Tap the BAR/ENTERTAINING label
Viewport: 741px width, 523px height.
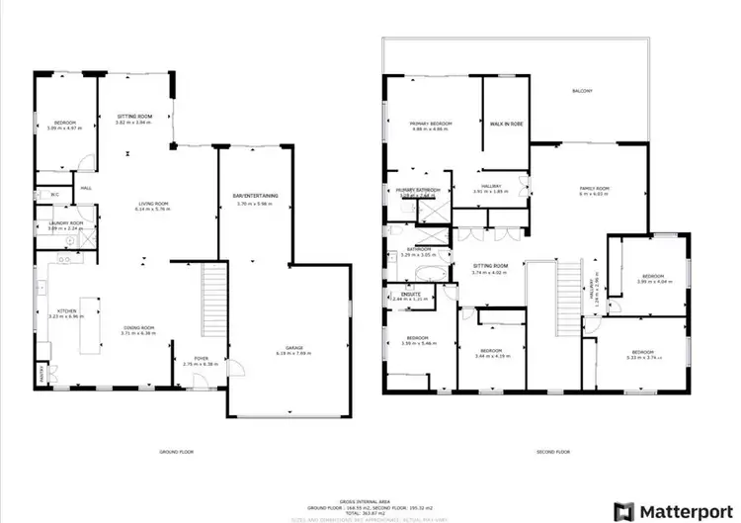(255, 196)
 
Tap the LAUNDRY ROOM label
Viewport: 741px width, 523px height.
(67, 223)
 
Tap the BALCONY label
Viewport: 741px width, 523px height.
(582, 92)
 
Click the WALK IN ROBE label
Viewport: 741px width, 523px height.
(506, 124)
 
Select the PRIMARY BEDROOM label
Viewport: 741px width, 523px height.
(431, 124)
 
